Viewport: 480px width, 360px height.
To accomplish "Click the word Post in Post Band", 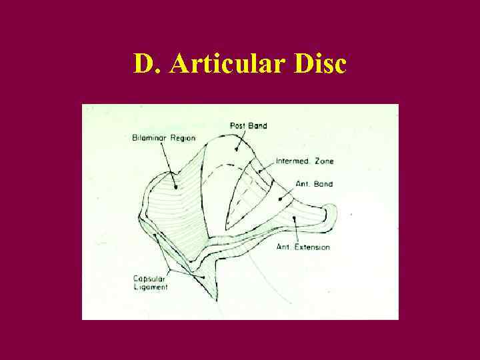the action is [x=237, y=125].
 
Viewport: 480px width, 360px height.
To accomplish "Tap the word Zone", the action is [x=326, y=161].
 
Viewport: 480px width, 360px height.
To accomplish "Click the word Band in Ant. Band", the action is [x=323, y=184].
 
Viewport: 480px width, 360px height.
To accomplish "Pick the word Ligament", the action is [x=151, y=287].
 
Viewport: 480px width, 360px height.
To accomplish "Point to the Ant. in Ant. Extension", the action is [x=283, y=247].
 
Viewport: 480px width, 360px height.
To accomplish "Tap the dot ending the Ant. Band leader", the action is [x=281, y=198].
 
